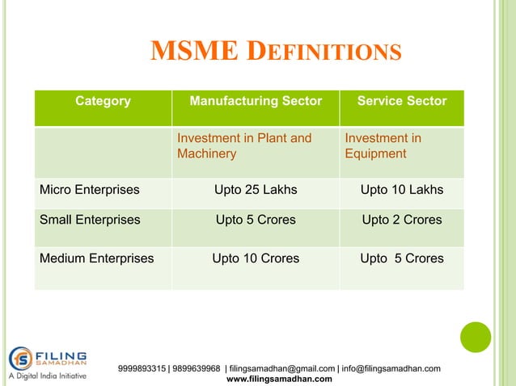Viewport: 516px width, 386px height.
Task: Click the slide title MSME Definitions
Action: point(276,52)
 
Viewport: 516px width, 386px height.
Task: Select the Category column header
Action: point(103,102)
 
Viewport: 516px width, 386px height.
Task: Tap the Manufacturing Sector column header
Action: point(255,102)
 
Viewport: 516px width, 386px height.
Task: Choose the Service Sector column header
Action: point(402,102)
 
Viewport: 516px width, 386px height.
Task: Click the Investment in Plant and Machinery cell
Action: point(244,146)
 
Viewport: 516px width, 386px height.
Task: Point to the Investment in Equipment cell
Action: point(383,146)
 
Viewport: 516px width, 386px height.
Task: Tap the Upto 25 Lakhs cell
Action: point(255,191)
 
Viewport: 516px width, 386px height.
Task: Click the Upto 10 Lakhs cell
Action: point(402,191)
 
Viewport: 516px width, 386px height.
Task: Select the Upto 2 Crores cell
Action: point(402,220)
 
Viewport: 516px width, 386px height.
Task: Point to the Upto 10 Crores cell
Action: point(255,259)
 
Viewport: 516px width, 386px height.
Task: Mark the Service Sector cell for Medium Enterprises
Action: point(402,259)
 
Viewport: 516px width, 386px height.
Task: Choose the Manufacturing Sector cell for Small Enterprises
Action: point(255,220)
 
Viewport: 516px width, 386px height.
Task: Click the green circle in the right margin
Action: point(476,337)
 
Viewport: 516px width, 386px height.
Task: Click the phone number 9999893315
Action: point(141,369)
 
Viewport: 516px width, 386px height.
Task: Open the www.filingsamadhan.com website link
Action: point(279,379)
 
